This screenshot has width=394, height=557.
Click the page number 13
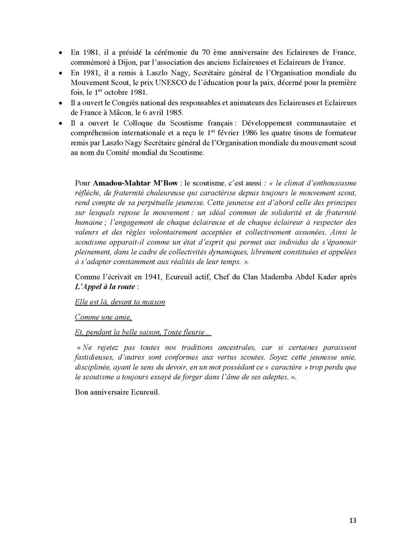(353, 520)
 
